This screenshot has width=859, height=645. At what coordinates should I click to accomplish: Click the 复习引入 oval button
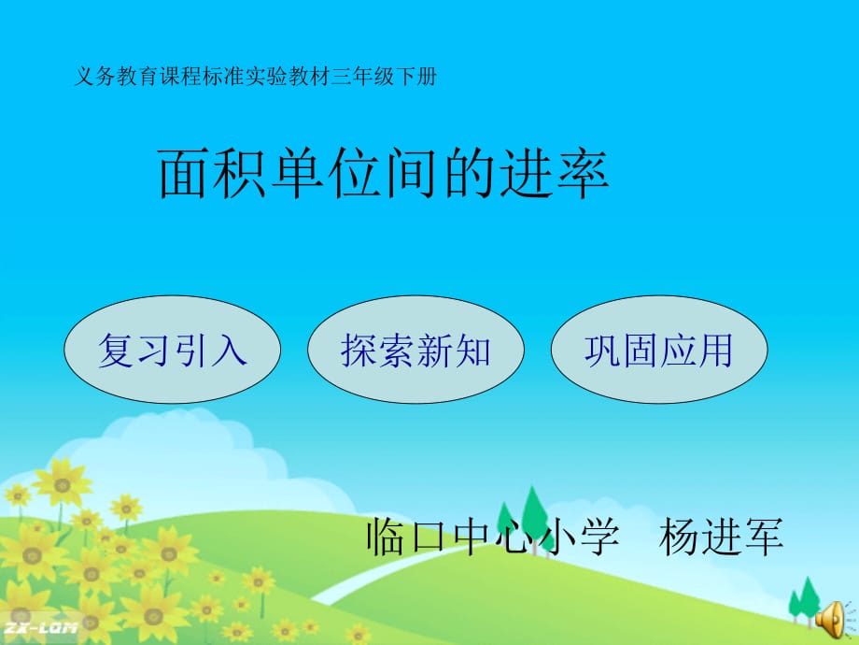pos(173,350)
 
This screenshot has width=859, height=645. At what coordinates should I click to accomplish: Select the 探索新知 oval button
pos(415,350)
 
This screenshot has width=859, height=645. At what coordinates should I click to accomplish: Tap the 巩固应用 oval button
pos(659,350)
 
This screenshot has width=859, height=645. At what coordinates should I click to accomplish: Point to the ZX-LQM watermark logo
pos(40,628)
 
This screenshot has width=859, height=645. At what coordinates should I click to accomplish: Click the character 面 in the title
pos(185,173)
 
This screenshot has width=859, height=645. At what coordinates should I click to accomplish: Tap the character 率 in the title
pos(582,173)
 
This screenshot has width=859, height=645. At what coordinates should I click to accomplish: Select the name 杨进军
pos(721,537)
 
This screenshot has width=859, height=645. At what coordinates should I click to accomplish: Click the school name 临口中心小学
pos(492,537)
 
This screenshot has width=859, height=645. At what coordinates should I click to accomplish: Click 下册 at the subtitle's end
pos(415,77)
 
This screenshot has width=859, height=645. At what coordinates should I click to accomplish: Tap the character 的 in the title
pos(469,173)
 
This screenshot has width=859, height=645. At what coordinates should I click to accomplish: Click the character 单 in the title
pos(298,173)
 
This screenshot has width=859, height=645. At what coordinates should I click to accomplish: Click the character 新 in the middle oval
pos(435,350)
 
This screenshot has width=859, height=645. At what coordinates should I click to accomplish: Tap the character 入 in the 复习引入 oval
pos(230,350)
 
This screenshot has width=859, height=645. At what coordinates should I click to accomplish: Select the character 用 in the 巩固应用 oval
pos(715,350)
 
